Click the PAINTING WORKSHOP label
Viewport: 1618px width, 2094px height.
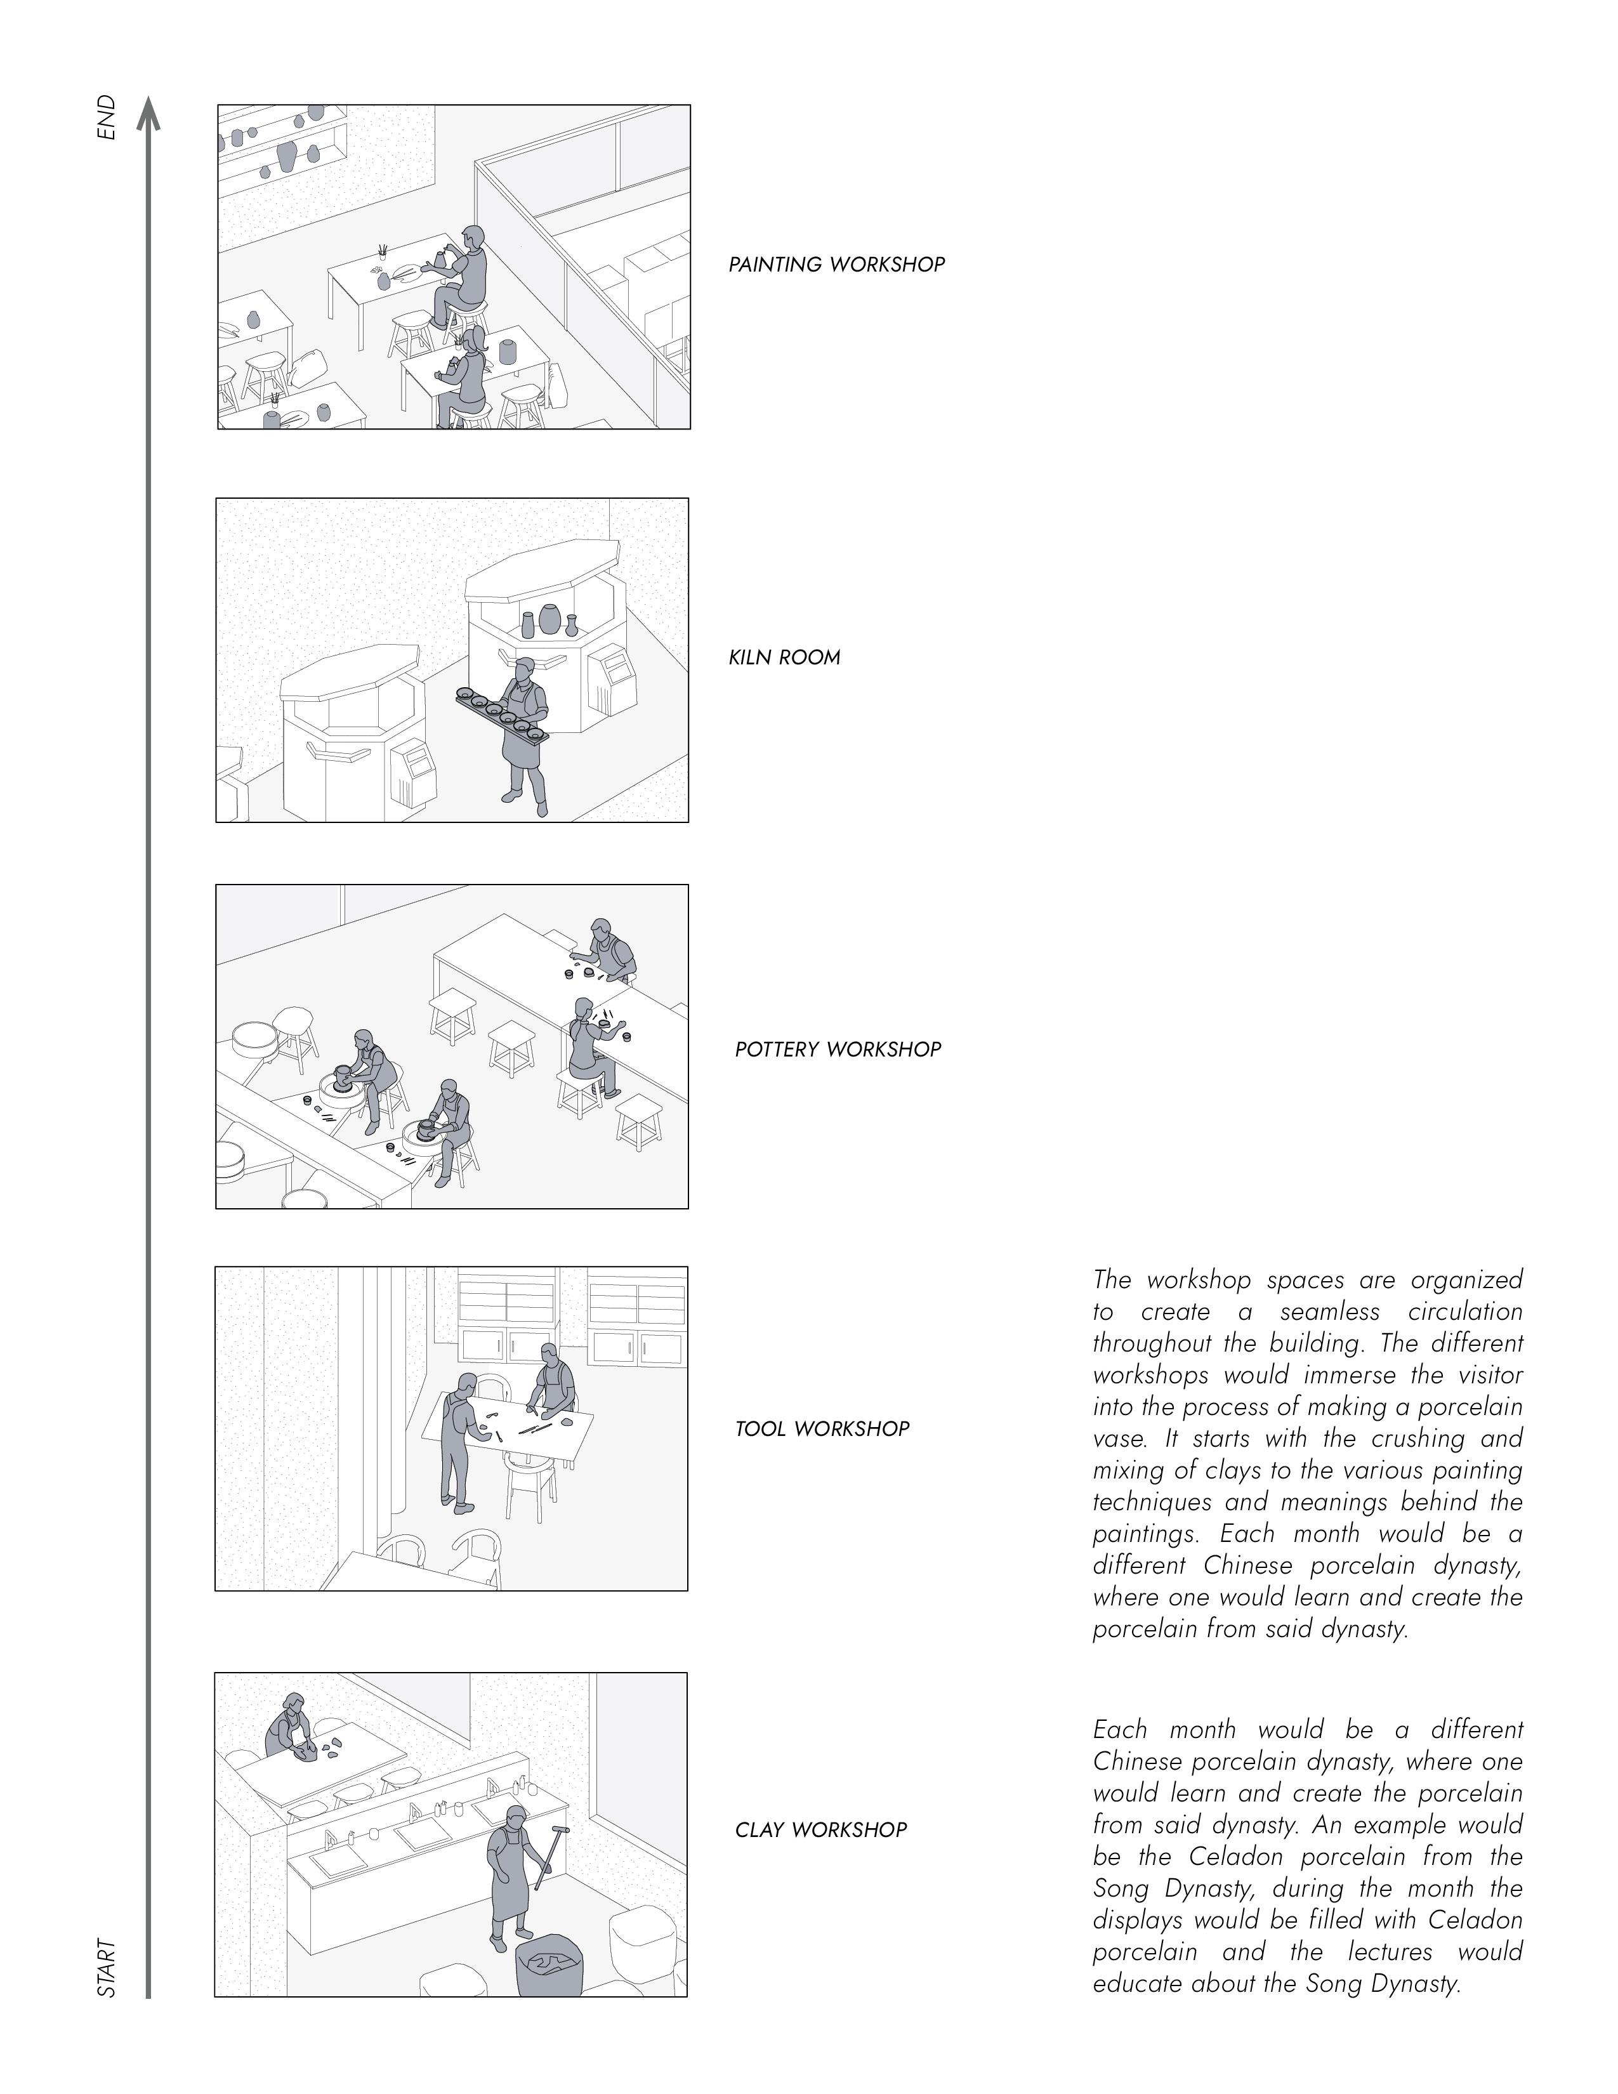836,265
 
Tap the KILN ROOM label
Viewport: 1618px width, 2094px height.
784,658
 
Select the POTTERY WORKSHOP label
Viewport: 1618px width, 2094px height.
838,1050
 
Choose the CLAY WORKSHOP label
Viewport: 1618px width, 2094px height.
820,1829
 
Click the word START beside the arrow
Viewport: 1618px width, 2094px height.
107,1968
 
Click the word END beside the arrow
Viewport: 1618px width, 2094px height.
107,117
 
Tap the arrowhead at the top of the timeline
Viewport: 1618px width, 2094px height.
148,112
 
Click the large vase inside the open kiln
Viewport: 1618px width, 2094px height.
549,619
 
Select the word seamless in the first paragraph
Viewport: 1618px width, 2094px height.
1329,1312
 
